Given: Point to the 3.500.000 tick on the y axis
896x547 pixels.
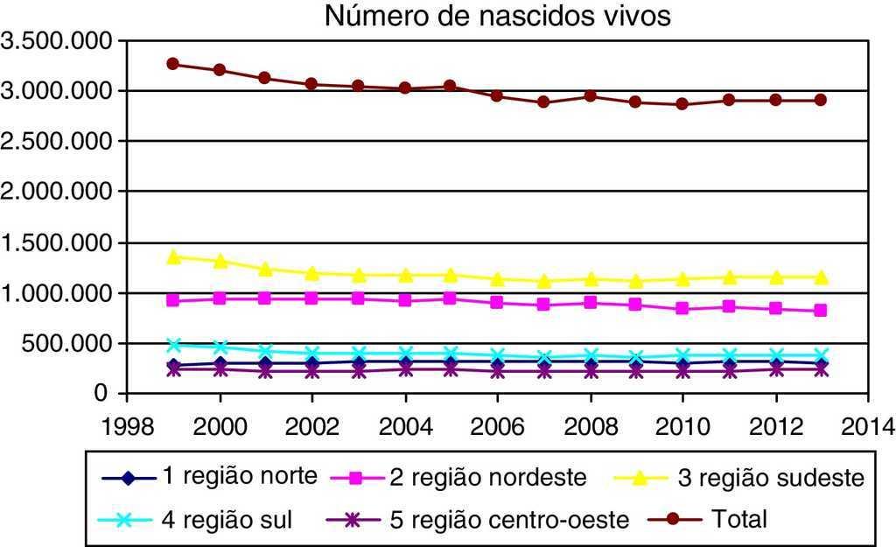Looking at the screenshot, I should tap(59, 41).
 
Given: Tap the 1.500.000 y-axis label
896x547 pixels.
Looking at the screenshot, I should tap(59, 243).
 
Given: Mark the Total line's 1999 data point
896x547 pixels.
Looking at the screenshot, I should tap(173, 64).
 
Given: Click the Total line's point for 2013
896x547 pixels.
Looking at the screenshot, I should tap(821, 100).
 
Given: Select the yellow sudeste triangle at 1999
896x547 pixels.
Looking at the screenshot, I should tap(173, 256).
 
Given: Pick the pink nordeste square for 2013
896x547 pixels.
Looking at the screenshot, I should tap(821, 310).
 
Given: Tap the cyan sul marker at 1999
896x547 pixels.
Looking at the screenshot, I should tap(173, 345).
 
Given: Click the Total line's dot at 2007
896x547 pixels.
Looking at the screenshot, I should tap(543, 102).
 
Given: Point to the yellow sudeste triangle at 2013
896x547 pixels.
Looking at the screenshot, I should tap(821, 277).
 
